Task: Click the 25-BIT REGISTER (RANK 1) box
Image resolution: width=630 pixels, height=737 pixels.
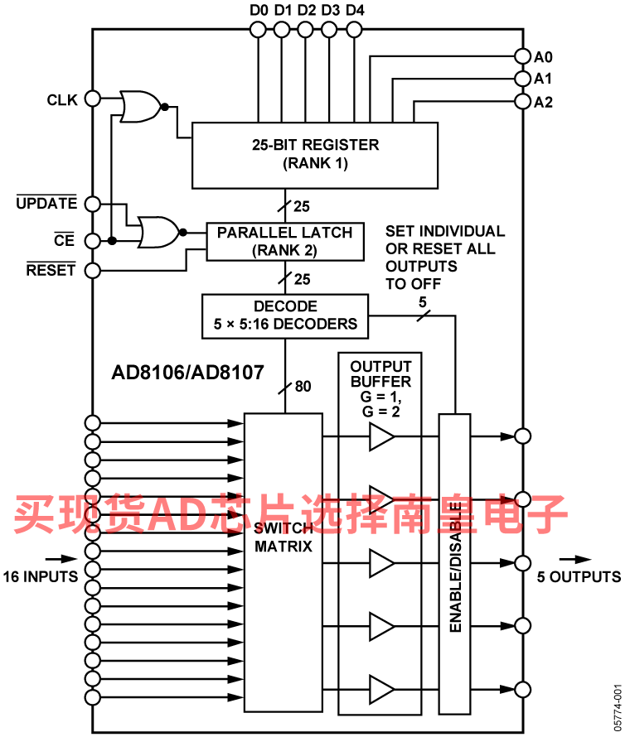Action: click(x=315, y=155)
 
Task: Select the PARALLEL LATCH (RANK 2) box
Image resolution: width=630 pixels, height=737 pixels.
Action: click(x=284, y=241)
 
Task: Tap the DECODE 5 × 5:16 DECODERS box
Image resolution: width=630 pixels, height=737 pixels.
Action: click(x=284, y=316)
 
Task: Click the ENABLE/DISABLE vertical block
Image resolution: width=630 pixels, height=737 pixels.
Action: click(x=455, y=563)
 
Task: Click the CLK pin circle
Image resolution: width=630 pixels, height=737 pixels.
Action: click(x=93, y=99)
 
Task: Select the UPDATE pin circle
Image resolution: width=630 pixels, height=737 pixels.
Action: click(x=93, y=204)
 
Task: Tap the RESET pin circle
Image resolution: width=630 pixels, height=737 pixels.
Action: click(x=93, y=270)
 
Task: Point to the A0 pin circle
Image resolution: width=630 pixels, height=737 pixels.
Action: click(x=522, y=56)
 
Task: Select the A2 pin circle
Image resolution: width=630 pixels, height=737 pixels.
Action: click(x=522, y=102)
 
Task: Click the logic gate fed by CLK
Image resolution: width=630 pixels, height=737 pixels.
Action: click(x=140, y=105)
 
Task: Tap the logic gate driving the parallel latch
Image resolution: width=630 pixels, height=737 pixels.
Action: click(x=157, y=233)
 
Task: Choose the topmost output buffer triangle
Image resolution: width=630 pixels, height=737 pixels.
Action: click(x=381, y=436)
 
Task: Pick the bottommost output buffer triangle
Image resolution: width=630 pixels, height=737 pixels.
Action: click(x=381, y=689)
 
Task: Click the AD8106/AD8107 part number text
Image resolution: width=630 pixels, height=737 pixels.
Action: click(x=187, y=373)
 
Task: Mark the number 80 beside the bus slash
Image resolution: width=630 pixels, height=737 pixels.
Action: click(x=303, y=386)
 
